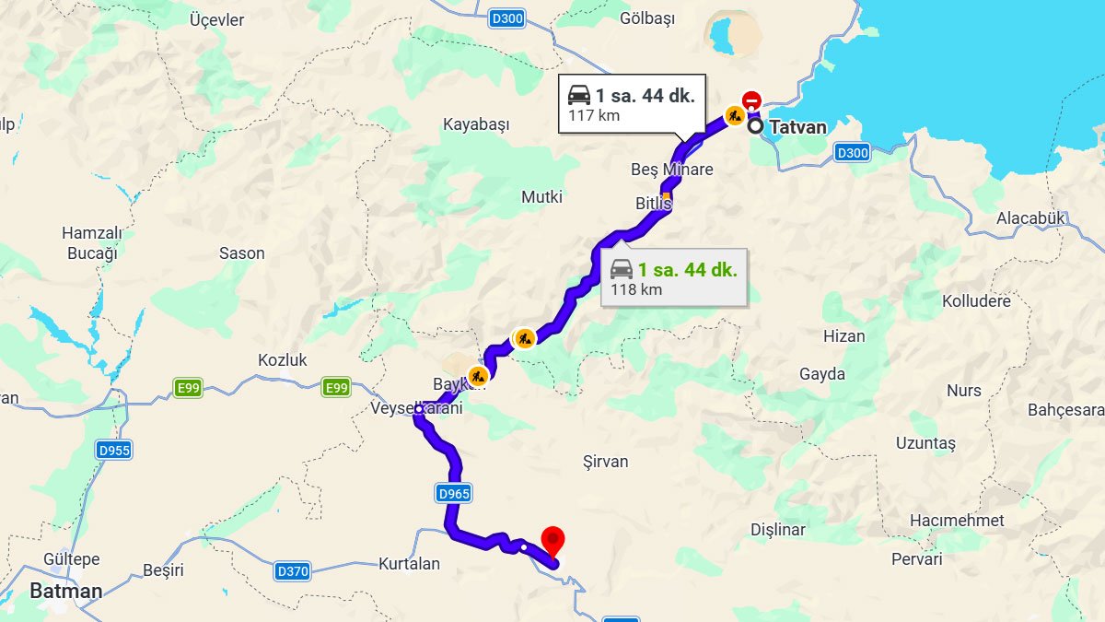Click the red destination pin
point(552,539)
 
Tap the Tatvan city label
point(797,127)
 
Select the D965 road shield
point(454,494)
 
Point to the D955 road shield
point(114,450)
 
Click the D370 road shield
point(293,571)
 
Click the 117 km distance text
point(594,116)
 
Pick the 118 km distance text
point(636,289)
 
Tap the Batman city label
point(66,591)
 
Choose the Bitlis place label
point(654,203)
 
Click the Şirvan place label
point(606,462)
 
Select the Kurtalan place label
point(409,563)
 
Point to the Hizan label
point(844,336)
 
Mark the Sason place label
point(242,253)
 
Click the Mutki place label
point(541,197)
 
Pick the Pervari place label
point(917,558)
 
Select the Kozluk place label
point(283,360)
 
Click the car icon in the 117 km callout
point(579,94)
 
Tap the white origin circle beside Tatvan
point(756,127)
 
